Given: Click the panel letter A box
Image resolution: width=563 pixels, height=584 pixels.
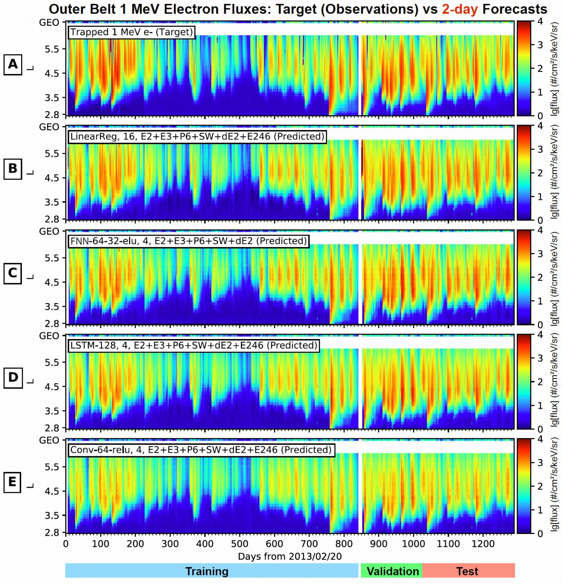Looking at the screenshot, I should click(x=13, y=64).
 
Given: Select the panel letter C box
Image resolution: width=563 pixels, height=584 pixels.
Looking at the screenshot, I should click(x=13, y=273).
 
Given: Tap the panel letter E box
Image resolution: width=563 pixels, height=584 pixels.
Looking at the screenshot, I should click(x=13, y=482).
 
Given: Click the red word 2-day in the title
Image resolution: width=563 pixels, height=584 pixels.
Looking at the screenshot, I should click(x=460, y=9).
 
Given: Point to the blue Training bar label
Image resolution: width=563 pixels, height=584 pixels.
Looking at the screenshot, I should click(x=207, y=571).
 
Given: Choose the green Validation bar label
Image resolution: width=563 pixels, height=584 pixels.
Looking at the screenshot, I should click(x=393, y=571).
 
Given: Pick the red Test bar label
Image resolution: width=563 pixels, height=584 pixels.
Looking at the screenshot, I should click(x=467, y=571).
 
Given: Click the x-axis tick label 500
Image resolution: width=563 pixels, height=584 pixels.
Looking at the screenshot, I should click(x=239, y=544).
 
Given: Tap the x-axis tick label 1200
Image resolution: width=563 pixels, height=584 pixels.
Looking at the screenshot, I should click(x=483, y=544).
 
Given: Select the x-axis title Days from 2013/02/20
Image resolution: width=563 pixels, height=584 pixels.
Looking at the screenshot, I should click(x=290, y=556).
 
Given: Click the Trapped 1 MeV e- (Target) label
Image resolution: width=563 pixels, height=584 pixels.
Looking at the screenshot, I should click(x=132, y=32).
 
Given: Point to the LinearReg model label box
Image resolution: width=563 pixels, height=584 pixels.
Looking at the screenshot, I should click(x=197, y=136).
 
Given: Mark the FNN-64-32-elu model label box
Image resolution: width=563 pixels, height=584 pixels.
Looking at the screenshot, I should click(x=188, y=241).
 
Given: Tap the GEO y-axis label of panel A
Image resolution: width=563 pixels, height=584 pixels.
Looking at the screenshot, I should click(x=49, y=23).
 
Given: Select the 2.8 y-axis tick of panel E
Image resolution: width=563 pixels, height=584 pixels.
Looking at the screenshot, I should click(x=52, y=532).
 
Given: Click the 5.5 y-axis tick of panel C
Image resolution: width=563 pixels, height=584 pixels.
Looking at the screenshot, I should click(x=52, y=258).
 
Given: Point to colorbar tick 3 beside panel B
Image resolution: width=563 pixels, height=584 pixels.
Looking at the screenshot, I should click(x=540, y=149).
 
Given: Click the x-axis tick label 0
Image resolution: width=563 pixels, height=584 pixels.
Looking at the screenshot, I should click(x=66, y=544).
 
